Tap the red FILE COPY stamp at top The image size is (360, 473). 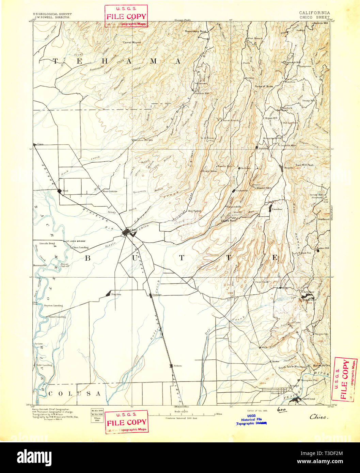click(126, 16)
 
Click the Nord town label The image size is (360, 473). click(65, 191)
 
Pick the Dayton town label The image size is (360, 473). click(116, 294)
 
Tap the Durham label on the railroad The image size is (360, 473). click(157, 295)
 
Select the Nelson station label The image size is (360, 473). click(177, 366)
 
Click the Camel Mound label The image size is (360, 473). click(131, 43)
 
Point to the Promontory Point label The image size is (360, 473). click(195, 31)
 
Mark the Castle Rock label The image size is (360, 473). click(228, 221)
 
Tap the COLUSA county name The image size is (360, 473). click(74, 394)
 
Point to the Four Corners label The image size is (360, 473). click(110, 191)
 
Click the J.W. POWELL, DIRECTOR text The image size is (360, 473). click(51, 17)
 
